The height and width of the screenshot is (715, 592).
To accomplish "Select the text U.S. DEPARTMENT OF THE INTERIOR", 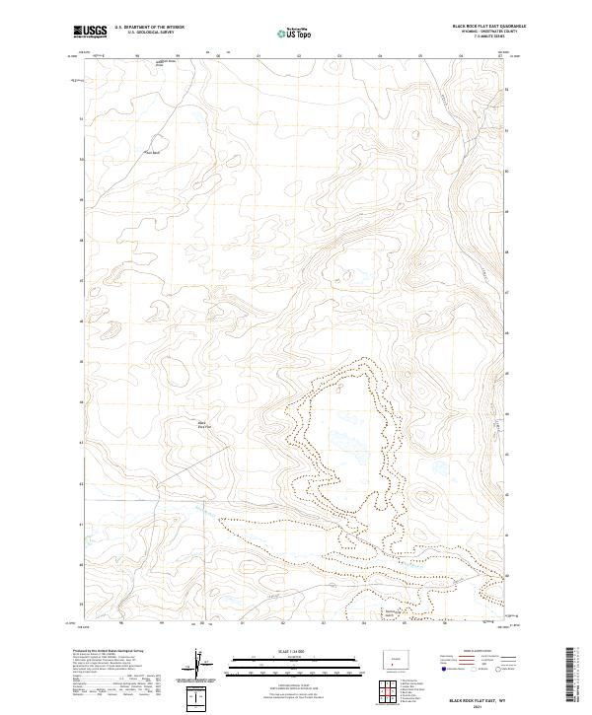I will click(x=149, y=27).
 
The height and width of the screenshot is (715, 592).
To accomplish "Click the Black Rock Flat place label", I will click(x=202, y=425).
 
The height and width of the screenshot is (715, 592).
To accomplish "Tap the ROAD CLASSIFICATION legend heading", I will click(x=473, y=652).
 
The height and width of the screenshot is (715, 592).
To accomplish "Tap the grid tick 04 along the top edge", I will click(x=379, y=56).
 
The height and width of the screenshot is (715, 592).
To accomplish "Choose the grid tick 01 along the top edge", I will click(x=258, y=56).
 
